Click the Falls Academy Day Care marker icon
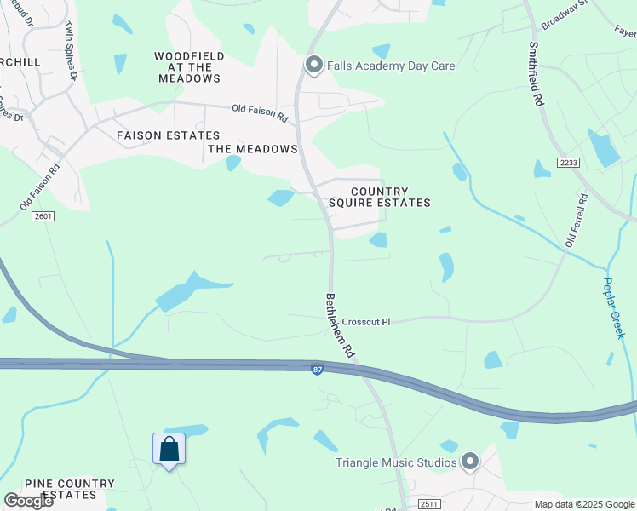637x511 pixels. click(313, 66)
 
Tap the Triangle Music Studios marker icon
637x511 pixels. click(470, 462)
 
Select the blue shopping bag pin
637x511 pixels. click(169, 449)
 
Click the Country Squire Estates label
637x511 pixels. click(379, 198)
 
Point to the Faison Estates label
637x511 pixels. click(168, 135)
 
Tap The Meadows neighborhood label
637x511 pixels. click(253, 149)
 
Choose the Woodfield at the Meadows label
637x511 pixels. click(189, 67)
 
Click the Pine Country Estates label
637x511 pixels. click(70, 489)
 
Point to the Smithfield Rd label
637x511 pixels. click(535, 74)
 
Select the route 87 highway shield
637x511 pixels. click(317, 369)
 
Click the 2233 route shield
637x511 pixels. click(568, 162)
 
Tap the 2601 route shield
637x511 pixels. click(44, 216)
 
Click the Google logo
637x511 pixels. click(28, 501)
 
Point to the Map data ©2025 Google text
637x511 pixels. click(583, 504)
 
